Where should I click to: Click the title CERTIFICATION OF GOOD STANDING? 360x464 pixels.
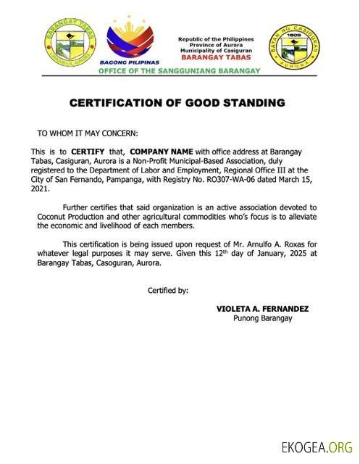pyautogui.click(x=177, y=103)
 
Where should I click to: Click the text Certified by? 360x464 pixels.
pyautogui.click(x=168, y=291)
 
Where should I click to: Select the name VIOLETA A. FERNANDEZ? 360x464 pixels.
pyautogui.click(x=262, y=309)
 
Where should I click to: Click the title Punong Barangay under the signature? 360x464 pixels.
pyautogui.click(x=262, y=318)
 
